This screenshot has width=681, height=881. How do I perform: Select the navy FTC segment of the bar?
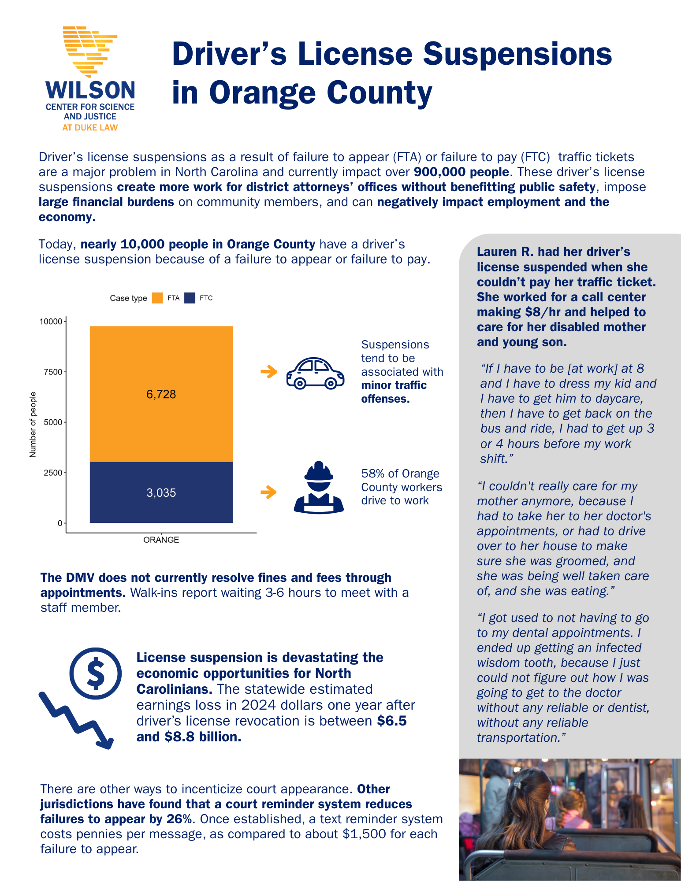(x=161, y=507)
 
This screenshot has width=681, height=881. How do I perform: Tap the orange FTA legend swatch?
(x=157, y=298)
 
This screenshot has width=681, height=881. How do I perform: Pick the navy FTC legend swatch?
(x=190, y=298)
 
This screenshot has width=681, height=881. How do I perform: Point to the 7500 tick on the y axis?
(x=53, y=372)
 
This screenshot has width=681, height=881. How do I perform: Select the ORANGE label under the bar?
(x=161, y=540)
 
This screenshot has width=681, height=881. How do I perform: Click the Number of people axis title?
(x=33, y=425)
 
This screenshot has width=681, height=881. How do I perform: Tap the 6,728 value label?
(x=161, y=394)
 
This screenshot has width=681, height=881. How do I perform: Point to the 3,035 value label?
(x=161, y=493)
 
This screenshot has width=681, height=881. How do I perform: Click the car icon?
(x=315, y=373)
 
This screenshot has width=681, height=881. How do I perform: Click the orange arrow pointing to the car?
(x=269, y=372)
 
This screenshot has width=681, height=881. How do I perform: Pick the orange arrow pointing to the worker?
(x=269, y=492)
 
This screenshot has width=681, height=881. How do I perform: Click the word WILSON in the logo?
(x=90, y=90)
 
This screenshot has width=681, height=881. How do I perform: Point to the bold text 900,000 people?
(x=461, y=172)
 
